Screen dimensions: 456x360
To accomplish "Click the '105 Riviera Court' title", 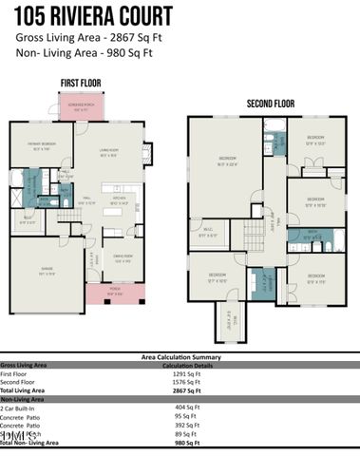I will coord(93,16).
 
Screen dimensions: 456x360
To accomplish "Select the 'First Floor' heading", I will coord(81,84).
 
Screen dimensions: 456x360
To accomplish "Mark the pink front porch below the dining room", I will coord(115,294).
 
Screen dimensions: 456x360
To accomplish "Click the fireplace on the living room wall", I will coord(145,152).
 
